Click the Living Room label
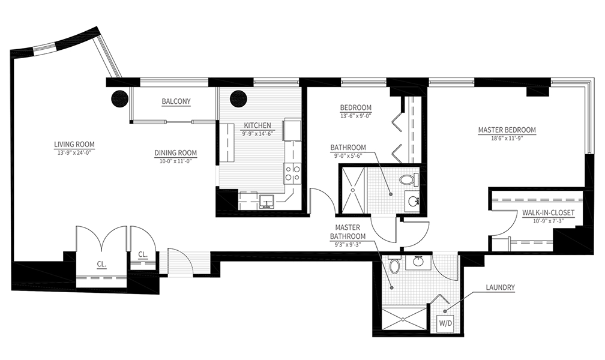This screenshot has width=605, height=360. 74,145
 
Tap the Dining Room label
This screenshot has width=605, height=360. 175,153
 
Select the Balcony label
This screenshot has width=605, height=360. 176,101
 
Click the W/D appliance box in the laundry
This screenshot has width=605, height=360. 445,323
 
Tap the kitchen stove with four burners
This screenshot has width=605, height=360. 292,173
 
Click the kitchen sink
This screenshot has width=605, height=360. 266,201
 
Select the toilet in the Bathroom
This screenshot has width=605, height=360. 409,179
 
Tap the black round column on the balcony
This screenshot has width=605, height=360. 119,98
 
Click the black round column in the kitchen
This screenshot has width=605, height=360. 238,98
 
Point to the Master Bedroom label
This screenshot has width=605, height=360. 507,130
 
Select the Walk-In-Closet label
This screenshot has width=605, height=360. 549,212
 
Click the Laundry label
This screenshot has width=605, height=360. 500,287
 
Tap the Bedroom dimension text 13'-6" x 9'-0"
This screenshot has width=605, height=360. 356,115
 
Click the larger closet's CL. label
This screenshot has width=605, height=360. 102,265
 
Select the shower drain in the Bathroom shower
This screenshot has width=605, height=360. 352,190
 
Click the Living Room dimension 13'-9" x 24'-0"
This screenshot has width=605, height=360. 74,152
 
